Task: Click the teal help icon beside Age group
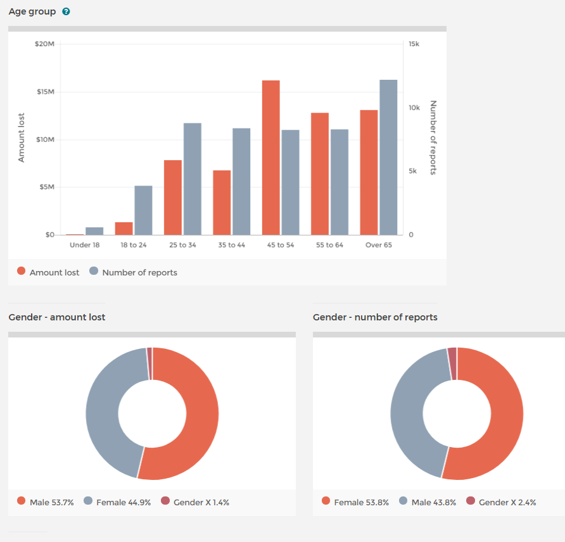pyautogui.click(x=66, y=11)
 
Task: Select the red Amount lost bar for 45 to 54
pyautogui.click(x=270, y=158)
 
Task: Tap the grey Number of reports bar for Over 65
pyautogui.click(x=388, y=158)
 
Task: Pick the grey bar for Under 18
pyautogui.click(x=94, y=231)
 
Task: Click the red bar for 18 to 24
pyautogui.click(x=124, y=229)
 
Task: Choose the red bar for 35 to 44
pyautogui.click(x=222, y=203)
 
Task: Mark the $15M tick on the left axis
pyautogui.click(x=46, y=92)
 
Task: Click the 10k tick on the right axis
pyautogui.click(x=414, y=108)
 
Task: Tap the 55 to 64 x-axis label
pyautogui.click(x=329, y=245)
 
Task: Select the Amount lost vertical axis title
pyautogui.click(x=22, y=138)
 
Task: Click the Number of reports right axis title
pyautogui.click(x=434, y=137)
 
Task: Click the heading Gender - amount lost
pyautogui.click(x=57, y=317)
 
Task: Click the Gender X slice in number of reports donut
pyautogui.click(x=452, y=355)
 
